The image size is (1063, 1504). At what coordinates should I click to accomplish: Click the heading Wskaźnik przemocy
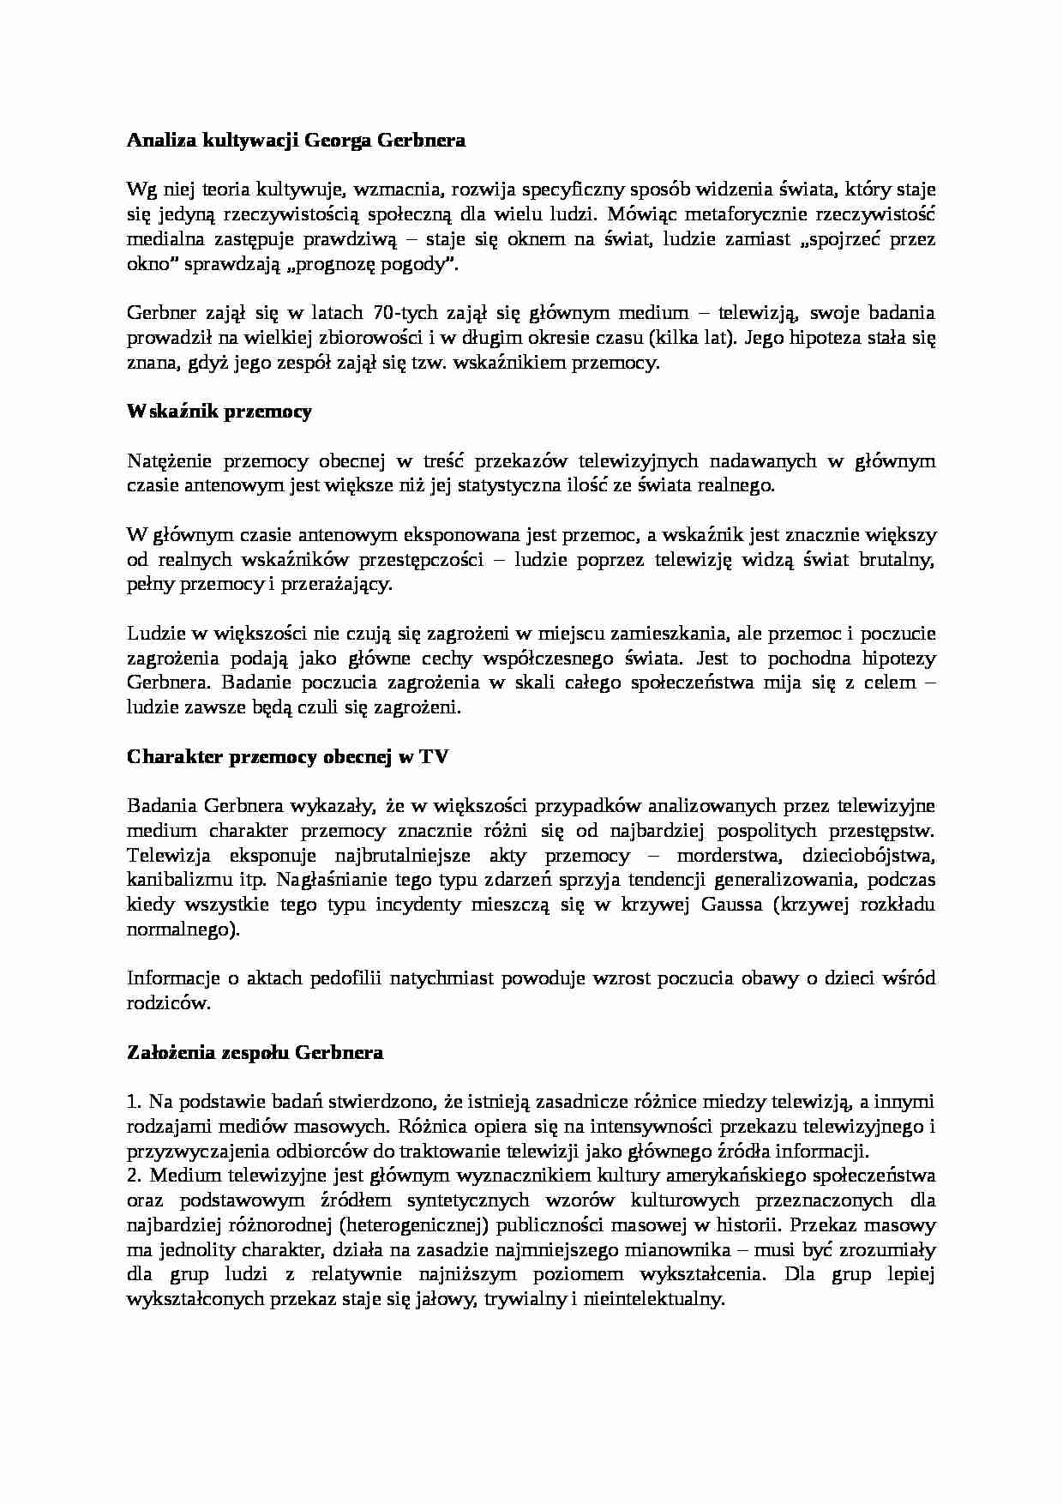(x=219, y=412)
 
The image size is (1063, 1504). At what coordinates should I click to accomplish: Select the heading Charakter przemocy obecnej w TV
(x=287, y=756)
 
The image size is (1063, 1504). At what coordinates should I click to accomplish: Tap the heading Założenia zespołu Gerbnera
(x=255, y=1052)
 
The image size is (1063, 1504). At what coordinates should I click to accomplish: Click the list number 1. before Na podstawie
(x=134, y=1101)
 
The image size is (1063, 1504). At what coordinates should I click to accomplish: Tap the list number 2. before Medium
(x=134, y=1176)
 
